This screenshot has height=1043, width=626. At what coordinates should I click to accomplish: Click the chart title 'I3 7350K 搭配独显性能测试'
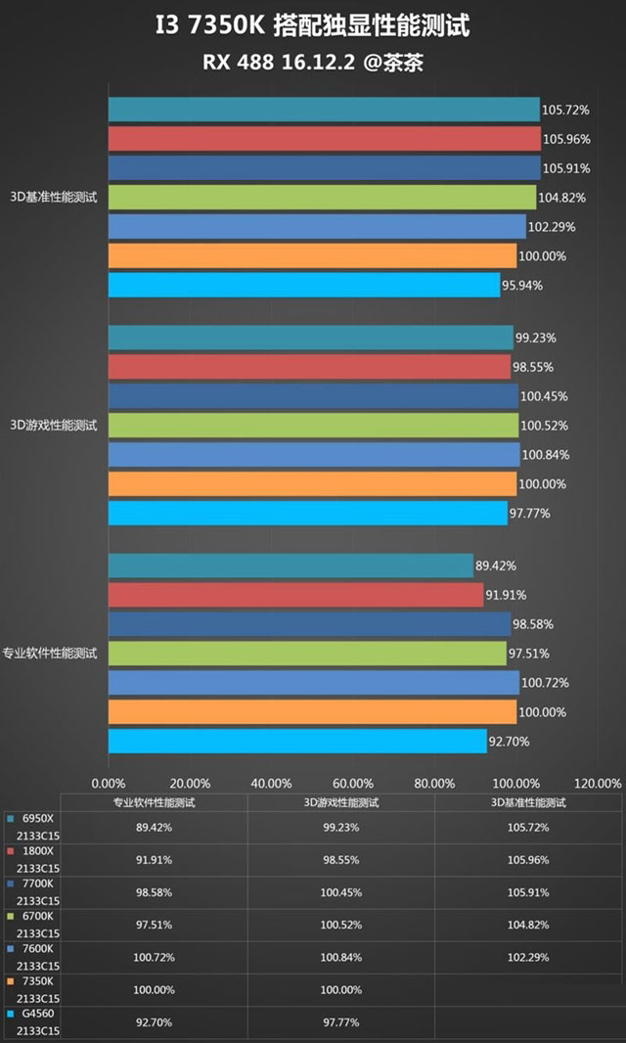(x=313, y=26)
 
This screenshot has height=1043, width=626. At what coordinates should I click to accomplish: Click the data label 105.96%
(x=566, y=139)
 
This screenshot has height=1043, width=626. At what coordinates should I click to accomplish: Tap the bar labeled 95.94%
(x=303, y=286)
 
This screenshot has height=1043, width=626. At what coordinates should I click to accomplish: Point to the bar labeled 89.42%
(x=291, y=566)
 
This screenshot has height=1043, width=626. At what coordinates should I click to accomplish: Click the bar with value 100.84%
(x=313, y=455)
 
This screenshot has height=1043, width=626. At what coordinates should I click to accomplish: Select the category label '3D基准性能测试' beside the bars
(x=54, y=198)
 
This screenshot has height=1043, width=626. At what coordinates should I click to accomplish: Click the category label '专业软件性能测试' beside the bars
(x=50, y=654)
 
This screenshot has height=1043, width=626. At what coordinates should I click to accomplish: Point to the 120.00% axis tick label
(x=597, y=783)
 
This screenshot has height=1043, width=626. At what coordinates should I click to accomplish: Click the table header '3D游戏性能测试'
(x=340, y=802)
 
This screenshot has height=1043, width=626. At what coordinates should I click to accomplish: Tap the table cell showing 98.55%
(x=340, y=860)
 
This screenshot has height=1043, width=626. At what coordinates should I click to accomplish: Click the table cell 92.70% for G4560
(x=154, y=1022)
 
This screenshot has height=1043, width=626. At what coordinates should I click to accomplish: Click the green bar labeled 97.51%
(x=307, y=654)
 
